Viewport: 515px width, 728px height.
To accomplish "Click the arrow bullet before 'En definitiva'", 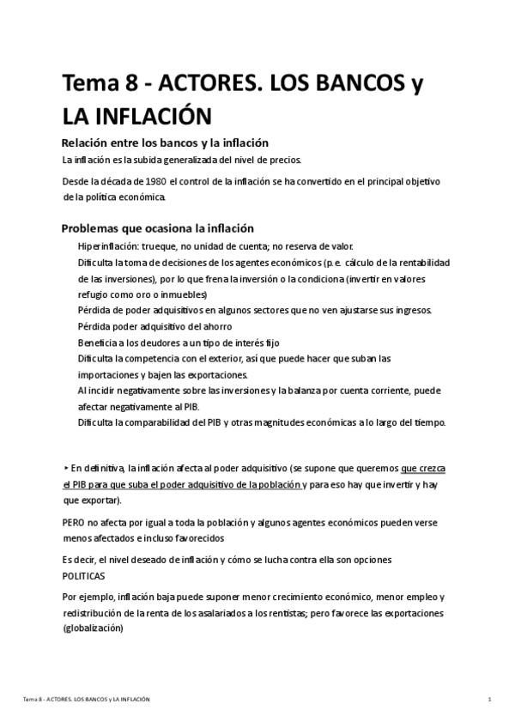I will (x=66, y=468).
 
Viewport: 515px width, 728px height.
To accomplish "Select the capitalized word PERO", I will (x=75, y=523).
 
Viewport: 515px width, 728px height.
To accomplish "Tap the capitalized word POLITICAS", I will (x=84, y=576).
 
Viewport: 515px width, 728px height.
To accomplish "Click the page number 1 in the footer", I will (x=488, y=701).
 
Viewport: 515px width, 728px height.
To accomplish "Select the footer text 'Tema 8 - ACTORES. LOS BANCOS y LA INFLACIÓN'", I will (x=87, y=701).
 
